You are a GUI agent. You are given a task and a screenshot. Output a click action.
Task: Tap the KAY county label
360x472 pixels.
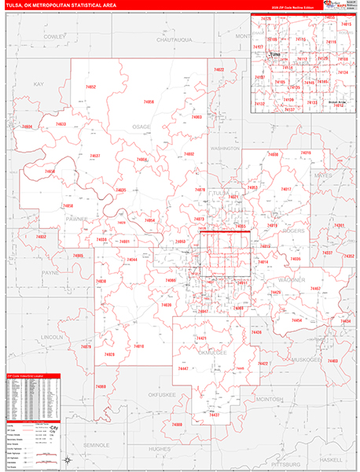[39, 83]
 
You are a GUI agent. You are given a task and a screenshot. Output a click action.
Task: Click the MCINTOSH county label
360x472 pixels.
[270, 400]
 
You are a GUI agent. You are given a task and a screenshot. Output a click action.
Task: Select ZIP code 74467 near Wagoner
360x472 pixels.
[315, 289]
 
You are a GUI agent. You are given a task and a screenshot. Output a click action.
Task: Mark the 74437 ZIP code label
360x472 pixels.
[213, 414]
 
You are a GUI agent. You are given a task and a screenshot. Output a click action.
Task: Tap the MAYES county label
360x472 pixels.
[323, 175]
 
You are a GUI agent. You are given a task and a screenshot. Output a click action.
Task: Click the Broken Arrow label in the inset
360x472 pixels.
[337, 101]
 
